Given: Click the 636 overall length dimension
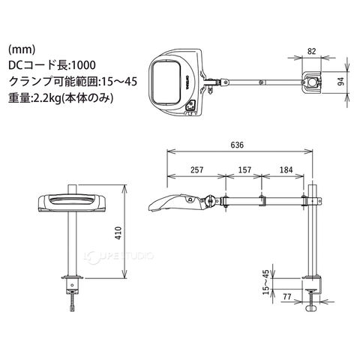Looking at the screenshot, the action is point(237,145).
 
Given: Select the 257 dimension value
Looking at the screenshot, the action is point(197,169).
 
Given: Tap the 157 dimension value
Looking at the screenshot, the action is point(244,169).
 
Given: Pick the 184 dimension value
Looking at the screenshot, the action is point(286,169).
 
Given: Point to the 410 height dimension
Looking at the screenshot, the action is point(118,232).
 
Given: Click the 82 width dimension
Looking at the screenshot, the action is point(311,51).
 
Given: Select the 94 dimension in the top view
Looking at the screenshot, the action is point(340,82).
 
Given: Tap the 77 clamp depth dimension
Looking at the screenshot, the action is point(287,297).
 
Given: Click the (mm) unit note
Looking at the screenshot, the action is point(22,49).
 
